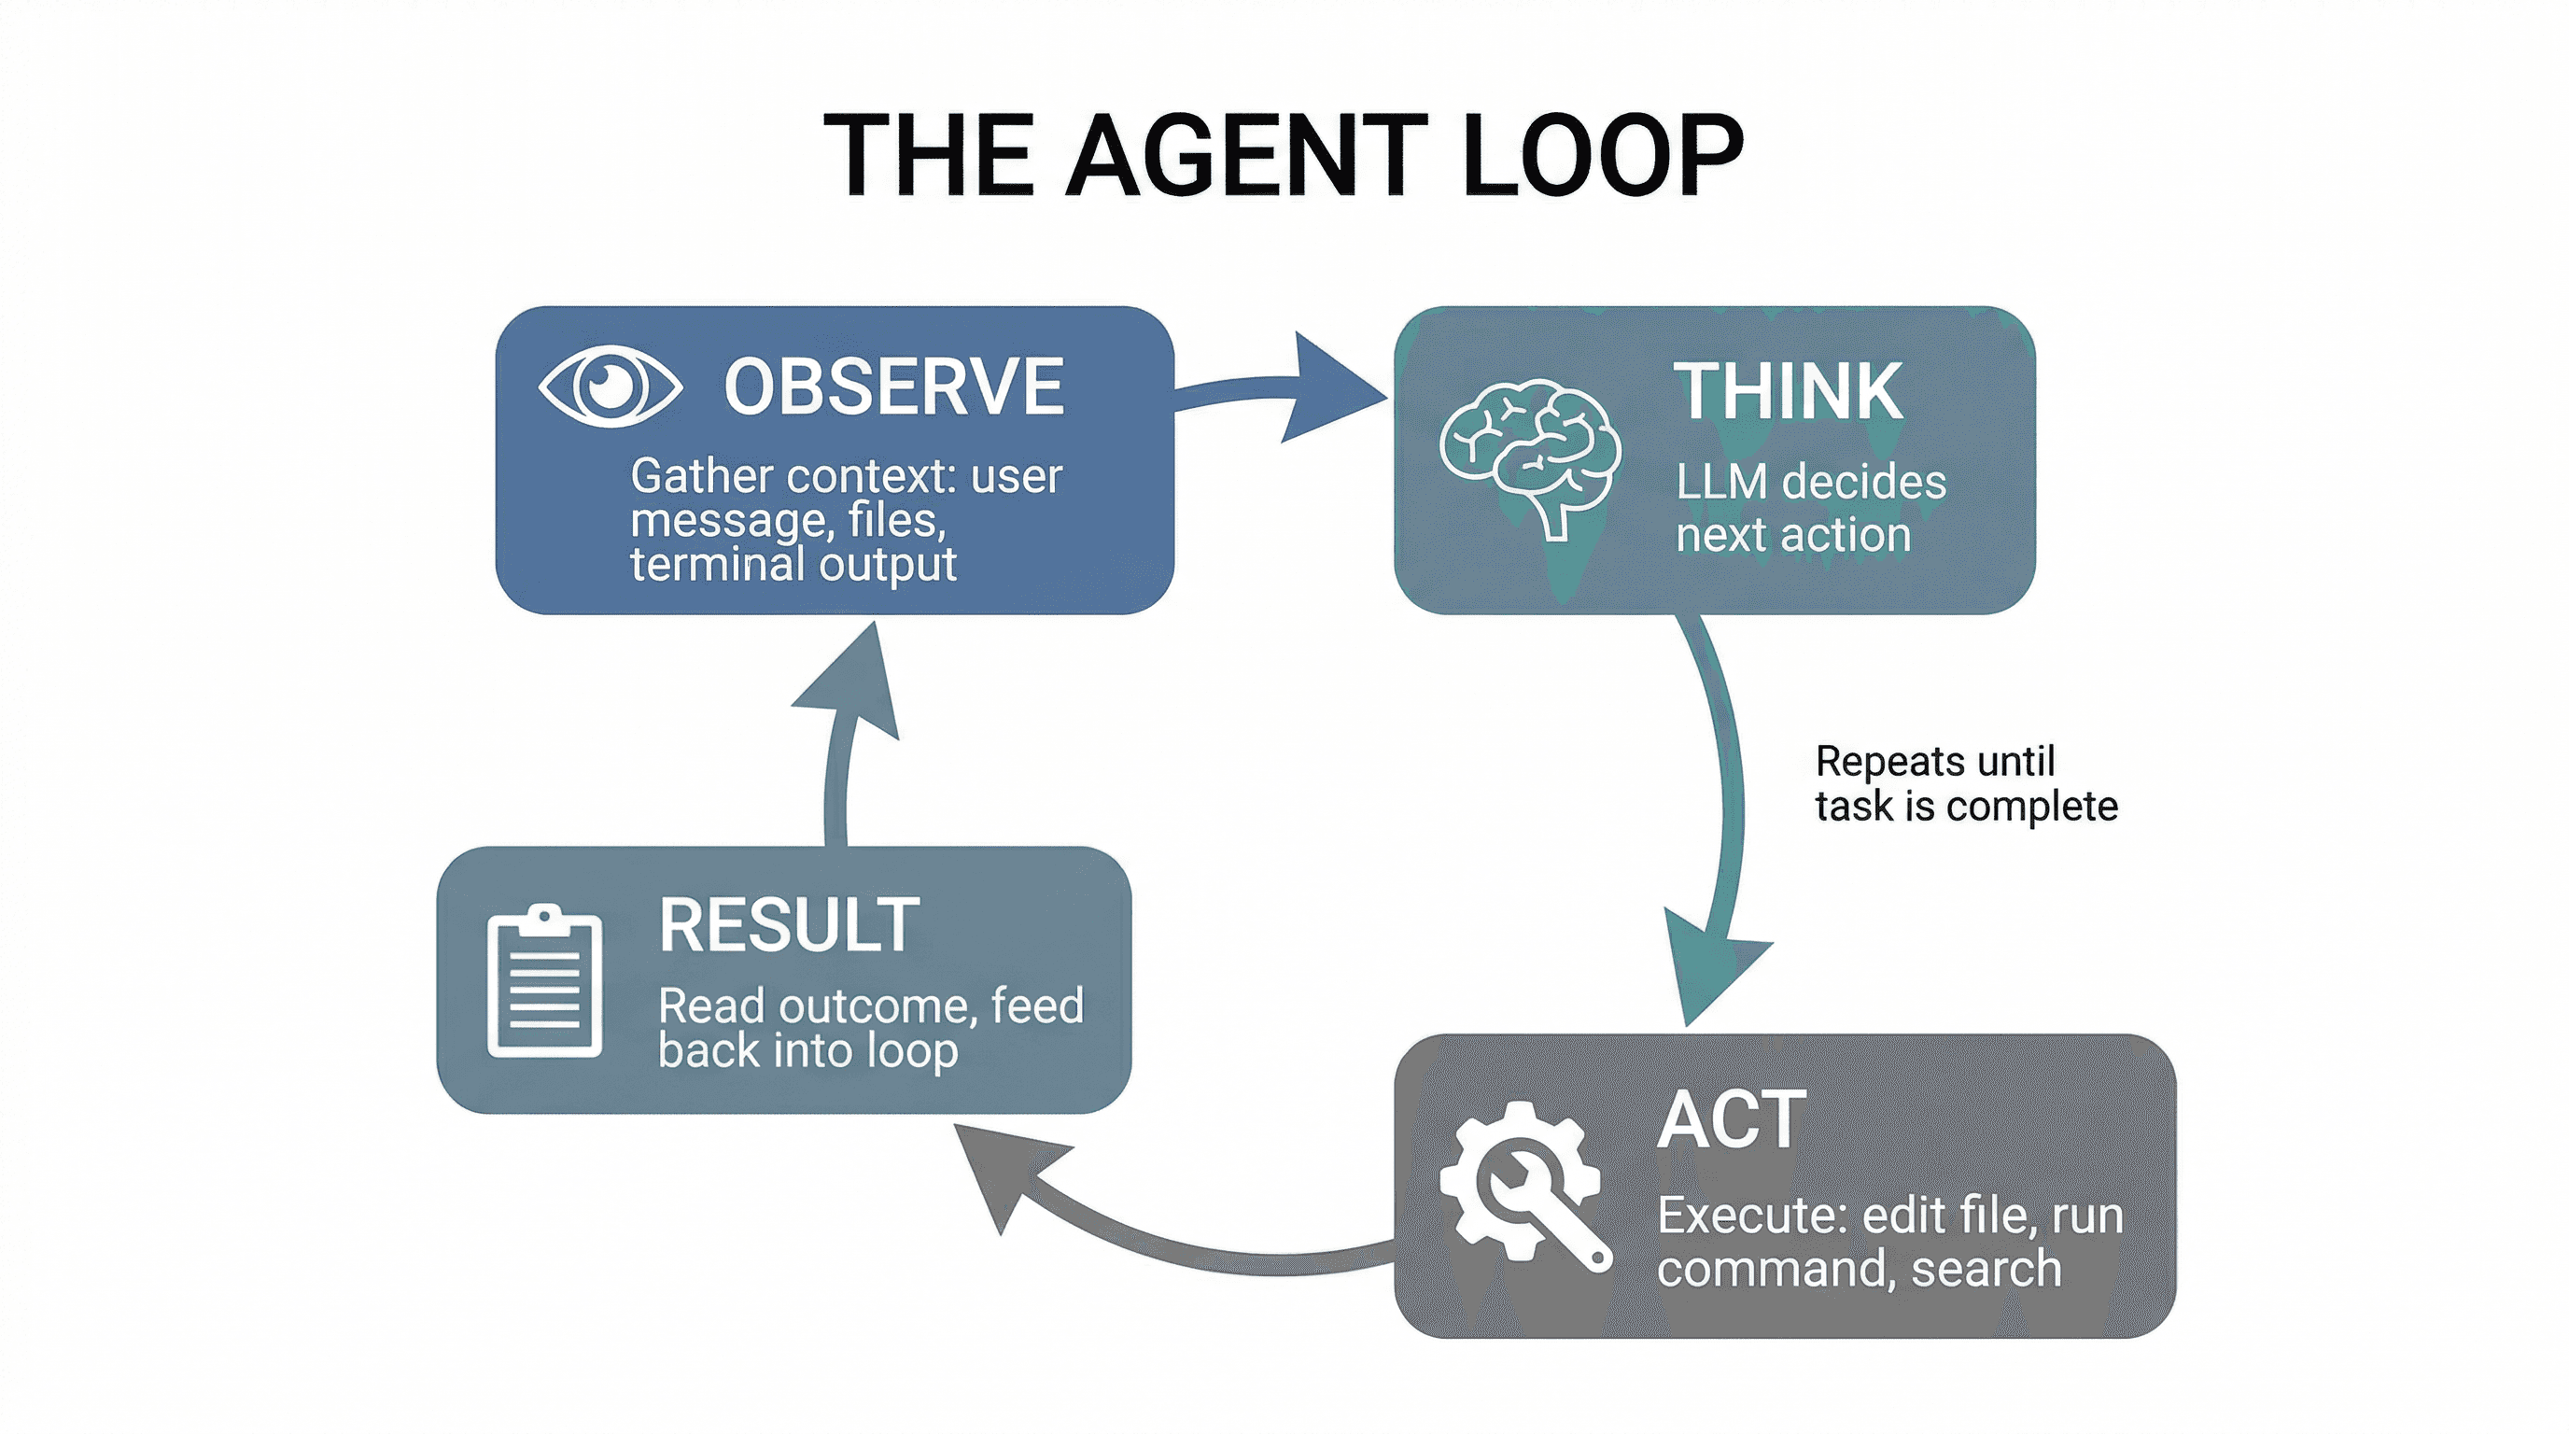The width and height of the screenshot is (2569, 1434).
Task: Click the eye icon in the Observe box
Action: click(611, 386)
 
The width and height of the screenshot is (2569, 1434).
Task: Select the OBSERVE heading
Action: click(893, 387)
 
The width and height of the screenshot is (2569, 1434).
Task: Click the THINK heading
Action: click(1787, 392)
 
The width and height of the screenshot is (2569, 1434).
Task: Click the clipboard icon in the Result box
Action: click(543, 982)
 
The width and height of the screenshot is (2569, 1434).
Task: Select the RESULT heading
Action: click(788, 925)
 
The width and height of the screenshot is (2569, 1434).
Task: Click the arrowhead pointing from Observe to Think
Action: click(1331, 390)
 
